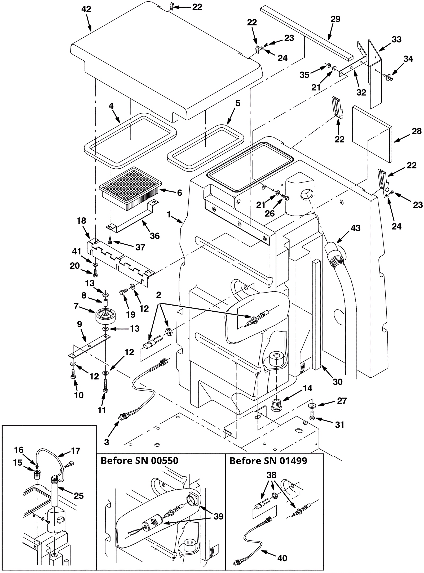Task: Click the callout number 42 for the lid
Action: click(x=86, y=9)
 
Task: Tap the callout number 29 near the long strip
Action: click(x=335, y=19)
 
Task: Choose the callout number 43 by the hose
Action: click(x=355, y=228)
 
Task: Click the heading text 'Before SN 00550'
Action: click(x=139, y=460)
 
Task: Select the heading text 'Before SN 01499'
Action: click(x=268, y=460)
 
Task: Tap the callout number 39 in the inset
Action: click(x=218, y=516)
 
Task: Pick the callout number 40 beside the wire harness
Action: click(x=282, y=558)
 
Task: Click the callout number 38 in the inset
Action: click(x=271, y=475)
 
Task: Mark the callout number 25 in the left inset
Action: click(x=79, y=495)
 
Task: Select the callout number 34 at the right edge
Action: click(x=408, y=59)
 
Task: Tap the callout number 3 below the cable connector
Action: click(x=107, y=442)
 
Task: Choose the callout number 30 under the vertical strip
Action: click(x=338, y=382)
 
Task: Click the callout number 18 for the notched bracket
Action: click(x=81, y=221)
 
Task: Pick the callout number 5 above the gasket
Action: click(x=238, y=103)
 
